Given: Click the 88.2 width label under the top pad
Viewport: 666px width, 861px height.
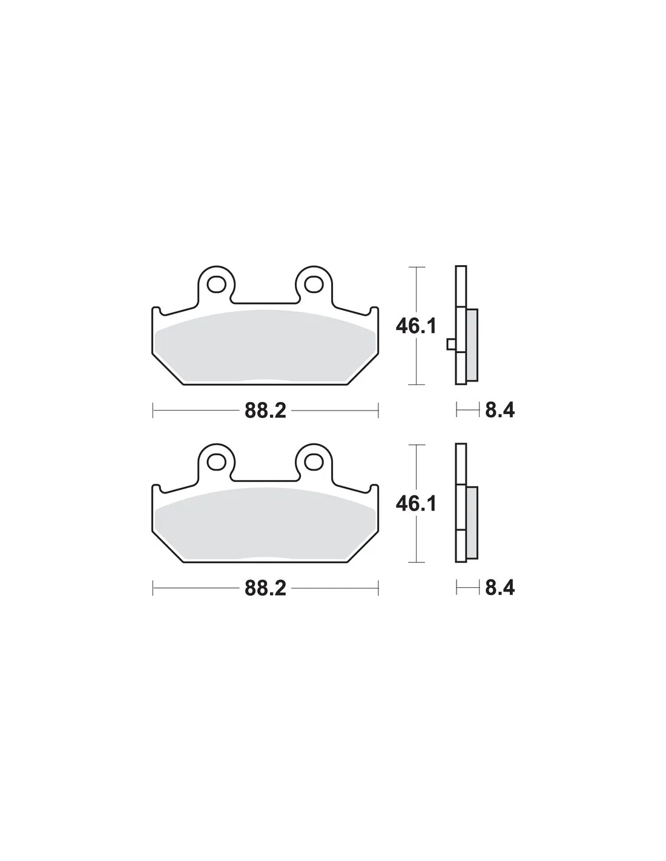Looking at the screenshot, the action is click(265, 411).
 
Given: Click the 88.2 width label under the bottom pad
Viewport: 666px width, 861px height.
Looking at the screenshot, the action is click(265, 589).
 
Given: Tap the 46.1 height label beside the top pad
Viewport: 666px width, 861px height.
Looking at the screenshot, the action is click(416, 326).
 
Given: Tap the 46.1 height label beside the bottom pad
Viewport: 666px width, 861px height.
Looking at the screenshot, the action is click(416, 504).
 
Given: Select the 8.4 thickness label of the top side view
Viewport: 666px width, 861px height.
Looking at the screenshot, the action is click(499, 410).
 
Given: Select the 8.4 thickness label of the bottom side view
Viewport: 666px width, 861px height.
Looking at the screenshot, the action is click(499, 587).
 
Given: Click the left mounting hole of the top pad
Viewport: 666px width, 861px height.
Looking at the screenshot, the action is click(216, 284).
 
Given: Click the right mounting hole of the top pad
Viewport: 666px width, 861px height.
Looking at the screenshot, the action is click(314, 284).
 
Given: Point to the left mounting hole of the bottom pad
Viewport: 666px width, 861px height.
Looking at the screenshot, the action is click(216, 461).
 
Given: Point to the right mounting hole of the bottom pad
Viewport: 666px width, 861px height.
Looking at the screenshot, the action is click(314, 461).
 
